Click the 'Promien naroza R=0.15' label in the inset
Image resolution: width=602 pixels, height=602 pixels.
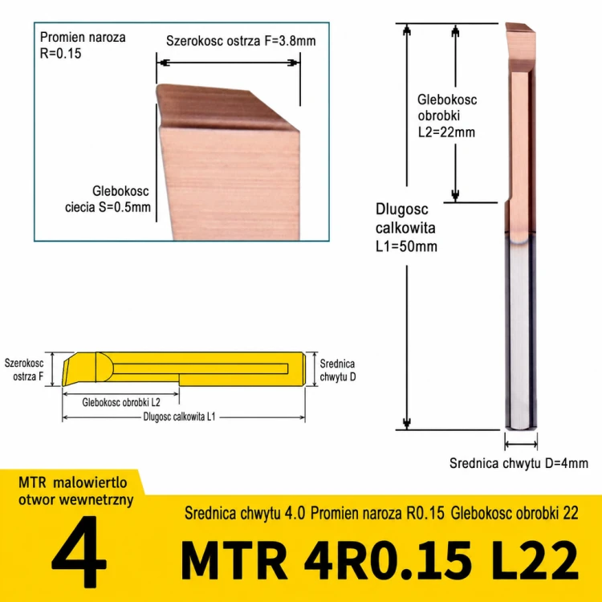83,45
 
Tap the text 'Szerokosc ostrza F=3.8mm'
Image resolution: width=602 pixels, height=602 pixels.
241,41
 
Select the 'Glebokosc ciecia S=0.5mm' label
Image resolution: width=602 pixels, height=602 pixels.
108,199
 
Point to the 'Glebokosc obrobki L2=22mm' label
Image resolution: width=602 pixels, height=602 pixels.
447,116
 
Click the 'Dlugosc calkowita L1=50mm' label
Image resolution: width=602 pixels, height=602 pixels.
406,228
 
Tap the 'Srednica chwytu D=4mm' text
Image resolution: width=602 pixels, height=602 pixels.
519,463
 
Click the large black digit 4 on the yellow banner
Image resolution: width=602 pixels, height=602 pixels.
79,552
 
